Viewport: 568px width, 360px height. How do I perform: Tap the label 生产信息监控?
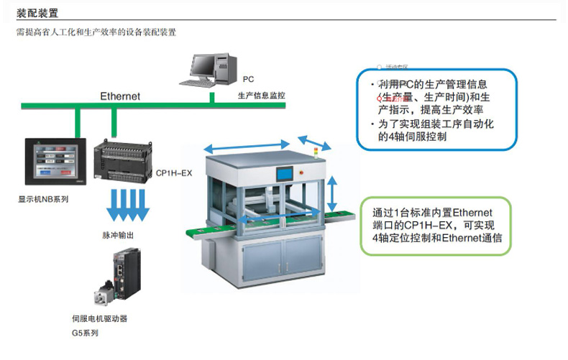(x=261, y=96)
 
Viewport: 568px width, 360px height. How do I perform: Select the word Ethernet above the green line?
(x=120, y=96)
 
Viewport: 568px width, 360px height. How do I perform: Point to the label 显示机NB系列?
(x=44, y=199)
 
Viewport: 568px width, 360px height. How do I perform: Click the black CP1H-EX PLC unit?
(x=123, y=162)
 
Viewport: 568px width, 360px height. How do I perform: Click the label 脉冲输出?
(x=118, y=235)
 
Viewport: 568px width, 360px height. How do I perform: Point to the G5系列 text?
(x=85, y=333)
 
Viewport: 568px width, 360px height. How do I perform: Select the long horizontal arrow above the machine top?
(x=248, y=147)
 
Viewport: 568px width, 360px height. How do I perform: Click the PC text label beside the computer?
(x=247, y=79)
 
